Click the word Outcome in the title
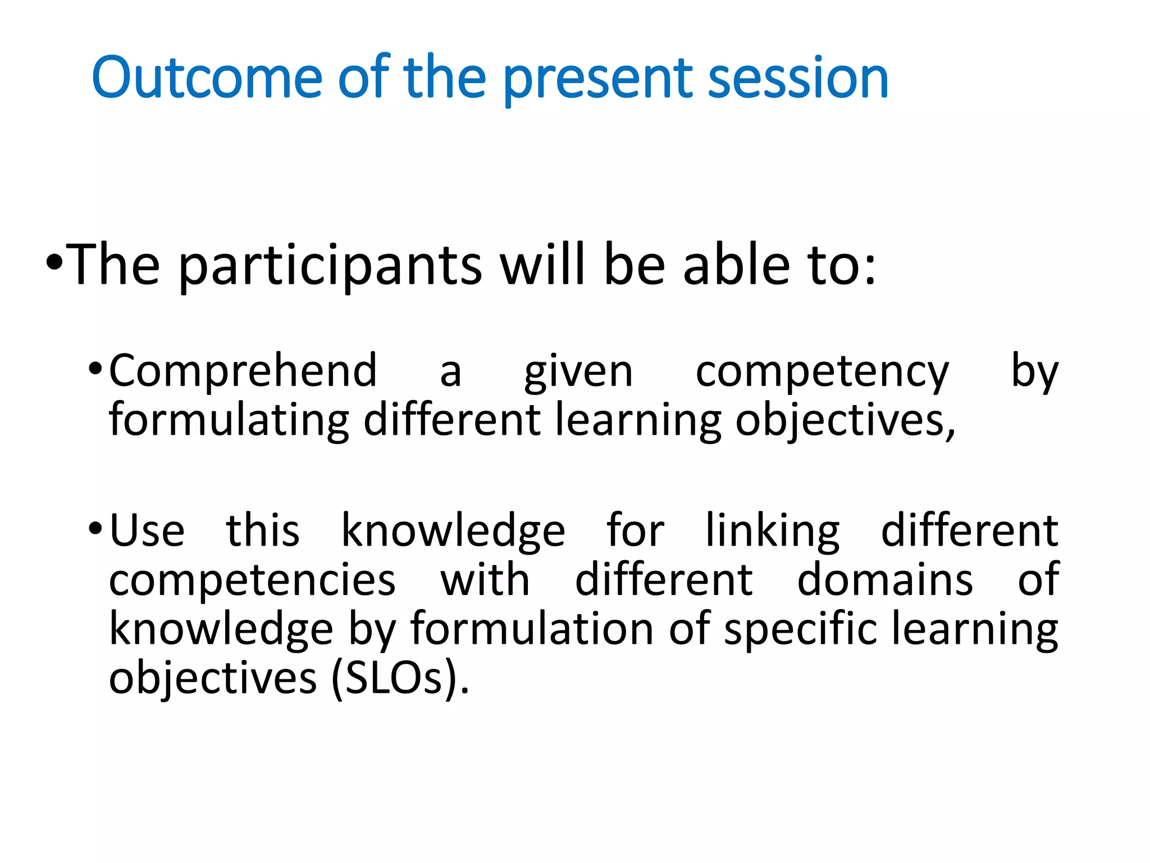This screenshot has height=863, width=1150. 206,78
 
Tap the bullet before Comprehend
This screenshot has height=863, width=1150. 95,369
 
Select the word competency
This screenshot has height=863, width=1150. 822,373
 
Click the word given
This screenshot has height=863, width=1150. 578,373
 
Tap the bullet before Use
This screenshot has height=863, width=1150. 95,529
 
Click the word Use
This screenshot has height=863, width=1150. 147,531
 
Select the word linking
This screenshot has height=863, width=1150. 772,531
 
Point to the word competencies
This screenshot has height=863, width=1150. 252,580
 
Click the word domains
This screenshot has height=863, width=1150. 885,580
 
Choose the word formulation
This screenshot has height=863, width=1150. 532,629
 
